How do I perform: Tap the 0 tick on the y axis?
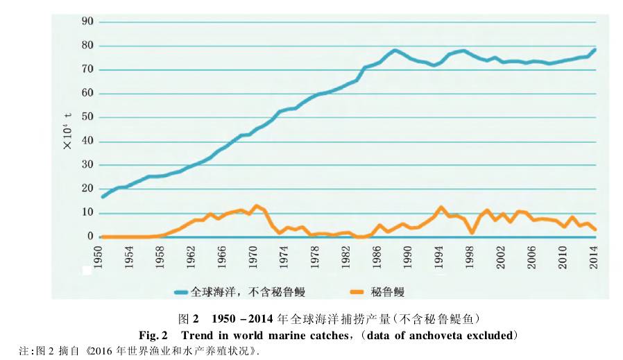coord(89,237)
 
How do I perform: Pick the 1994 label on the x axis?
coord(439,256)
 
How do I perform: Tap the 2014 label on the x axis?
coord(595,256)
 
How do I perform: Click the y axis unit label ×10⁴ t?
coord(68,131)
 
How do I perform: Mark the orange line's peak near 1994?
coord(440,207)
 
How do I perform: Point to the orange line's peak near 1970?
coord(256,206)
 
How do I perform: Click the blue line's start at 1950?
coord(103,196)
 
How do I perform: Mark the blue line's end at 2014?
coord(595,50)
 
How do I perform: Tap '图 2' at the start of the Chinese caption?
coord(189,319)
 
